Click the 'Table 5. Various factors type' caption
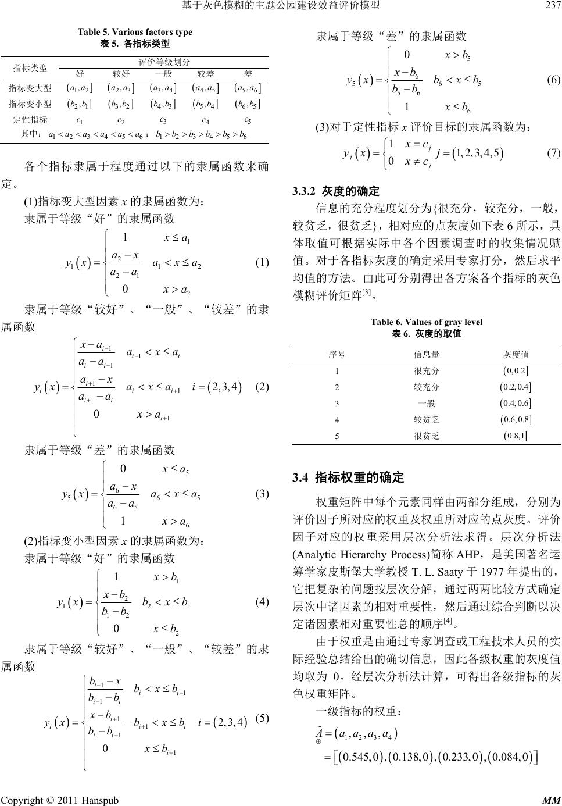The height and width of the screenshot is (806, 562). click(135, 32)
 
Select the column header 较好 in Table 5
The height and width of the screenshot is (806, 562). click(121, 74)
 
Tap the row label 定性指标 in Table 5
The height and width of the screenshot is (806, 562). click(30, 120)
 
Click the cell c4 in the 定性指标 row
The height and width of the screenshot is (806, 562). click(205, 120)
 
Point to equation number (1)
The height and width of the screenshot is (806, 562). click(261, 262)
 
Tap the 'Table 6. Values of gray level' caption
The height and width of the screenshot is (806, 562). click(426, 322)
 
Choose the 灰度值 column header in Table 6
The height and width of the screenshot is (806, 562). click(516, 354)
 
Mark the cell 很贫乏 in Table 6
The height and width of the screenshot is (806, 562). click(427, 435)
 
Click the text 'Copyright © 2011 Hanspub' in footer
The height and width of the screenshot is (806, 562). click(60, 799)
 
